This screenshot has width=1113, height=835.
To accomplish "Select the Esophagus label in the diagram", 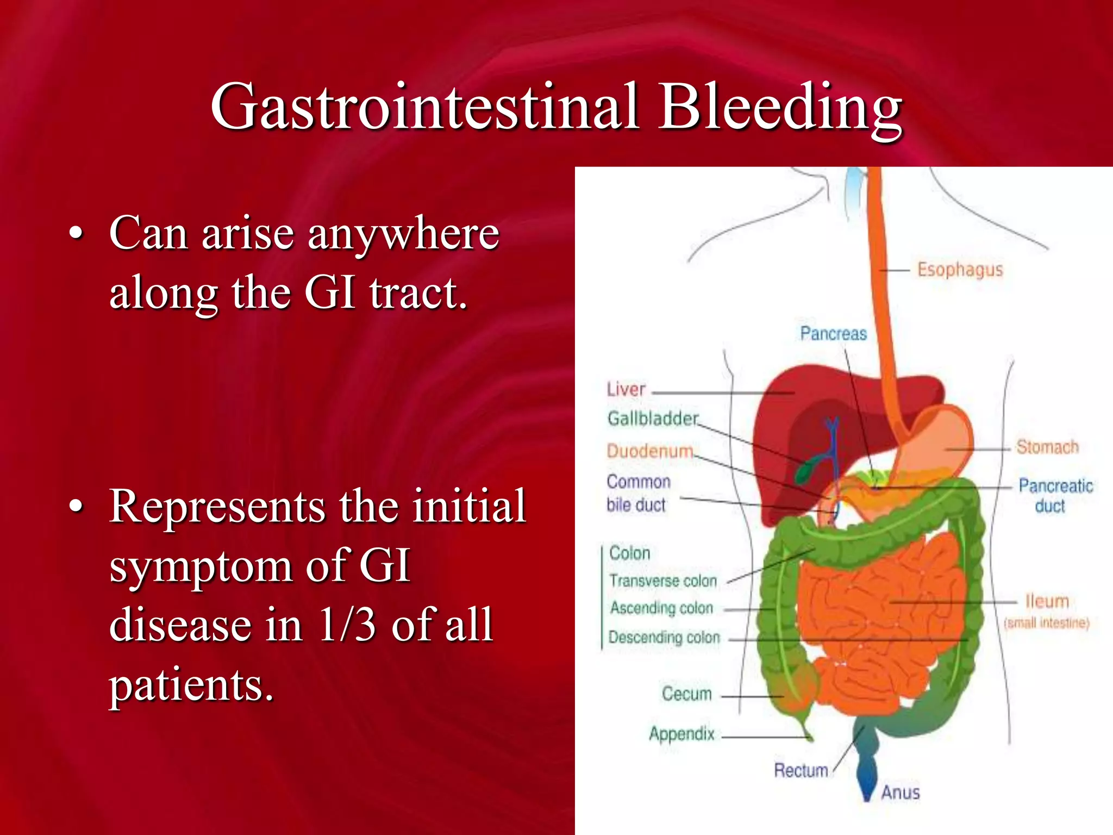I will [x=960, y=270].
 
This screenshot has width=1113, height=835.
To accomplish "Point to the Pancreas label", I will [x=833, y=333].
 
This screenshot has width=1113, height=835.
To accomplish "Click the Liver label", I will [x=626, y=389].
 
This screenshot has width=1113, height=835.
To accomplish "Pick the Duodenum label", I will [x=650, y=451].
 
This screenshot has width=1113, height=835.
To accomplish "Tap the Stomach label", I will [x=1047, y=447].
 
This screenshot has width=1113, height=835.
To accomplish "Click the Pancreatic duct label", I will [x=1055, y=495].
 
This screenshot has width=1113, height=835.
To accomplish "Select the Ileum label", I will [x=1047, y=601].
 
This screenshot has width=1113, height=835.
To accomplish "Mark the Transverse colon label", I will [x=663, y=581].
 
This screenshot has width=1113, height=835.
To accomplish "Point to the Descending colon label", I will [x=664, y=637].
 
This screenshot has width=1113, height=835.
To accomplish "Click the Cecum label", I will [x=686, y=694].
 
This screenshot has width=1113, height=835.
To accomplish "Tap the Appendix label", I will [x=681, y=734].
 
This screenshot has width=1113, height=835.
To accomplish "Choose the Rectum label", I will [x=801, y=770].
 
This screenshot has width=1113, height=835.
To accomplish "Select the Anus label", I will [x=900, y=793].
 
